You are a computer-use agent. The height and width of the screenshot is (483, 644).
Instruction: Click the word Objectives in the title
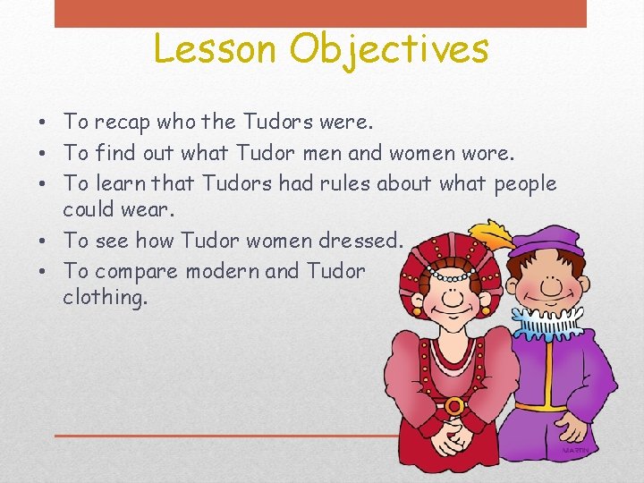click(388, 49)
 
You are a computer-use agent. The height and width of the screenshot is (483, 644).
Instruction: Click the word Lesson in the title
click(216, 49)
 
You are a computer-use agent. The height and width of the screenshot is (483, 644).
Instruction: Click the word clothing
click(105, 297)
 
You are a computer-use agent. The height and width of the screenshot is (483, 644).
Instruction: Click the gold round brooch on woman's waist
click(454, 405)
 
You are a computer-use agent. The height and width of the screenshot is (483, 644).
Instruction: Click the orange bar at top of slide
click(320, 13)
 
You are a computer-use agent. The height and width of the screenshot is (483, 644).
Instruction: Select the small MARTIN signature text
click(575, 450)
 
